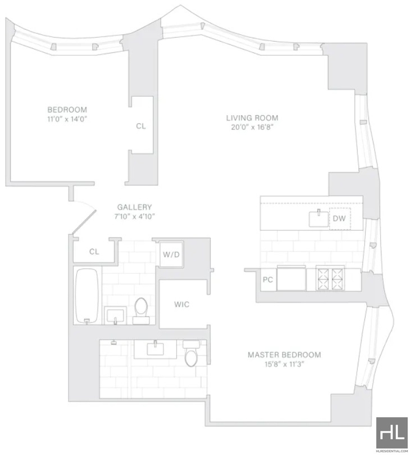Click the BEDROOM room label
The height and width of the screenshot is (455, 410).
tap(67, 110)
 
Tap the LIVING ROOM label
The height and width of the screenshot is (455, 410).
tap(252, 118)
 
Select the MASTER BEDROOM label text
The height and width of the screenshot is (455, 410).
tap(284, 354)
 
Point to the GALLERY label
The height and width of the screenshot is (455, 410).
tap(134, 207)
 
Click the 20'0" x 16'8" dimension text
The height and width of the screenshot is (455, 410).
tap(252, 127)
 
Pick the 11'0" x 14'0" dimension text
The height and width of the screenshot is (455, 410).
tap(67, 119)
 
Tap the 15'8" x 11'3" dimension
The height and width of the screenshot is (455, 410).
tap(284, 364)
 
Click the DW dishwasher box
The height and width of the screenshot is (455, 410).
tap(340, 219)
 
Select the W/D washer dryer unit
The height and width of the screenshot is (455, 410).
tap(171, 254)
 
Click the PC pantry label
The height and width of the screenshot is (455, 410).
tap(268, 280)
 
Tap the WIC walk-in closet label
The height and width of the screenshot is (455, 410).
tap(181, 304)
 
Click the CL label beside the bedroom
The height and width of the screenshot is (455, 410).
tap(141, 126)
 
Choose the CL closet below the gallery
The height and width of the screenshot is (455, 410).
tap(94, 251)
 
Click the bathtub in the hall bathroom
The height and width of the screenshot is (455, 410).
tap(87, 295)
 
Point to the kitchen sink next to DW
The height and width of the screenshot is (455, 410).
tap(318, 219)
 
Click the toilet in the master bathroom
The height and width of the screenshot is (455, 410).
tap(191, 353)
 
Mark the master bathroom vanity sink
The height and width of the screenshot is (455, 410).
tap(156, 349)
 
